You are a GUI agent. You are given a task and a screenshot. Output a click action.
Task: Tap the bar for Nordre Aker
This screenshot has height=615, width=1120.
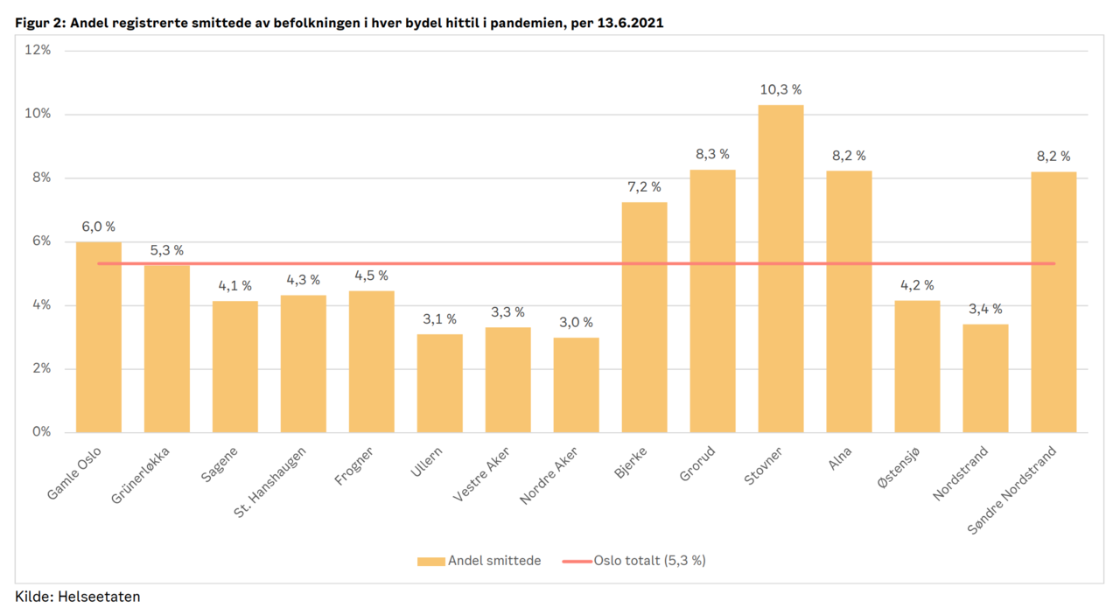576,385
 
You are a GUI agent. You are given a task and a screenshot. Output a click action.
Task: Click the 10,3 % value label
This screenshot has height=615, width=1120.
780,89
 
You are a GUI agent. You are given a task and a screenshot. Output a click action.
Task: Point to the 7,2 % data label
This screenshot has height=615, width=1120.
644,186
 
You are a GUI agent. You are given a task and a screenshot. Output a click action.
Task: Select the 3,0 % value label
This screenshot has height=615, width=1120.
576,322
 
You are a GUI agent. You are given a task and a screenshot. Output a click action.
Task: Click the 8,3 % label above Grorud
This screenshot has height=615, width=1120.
712,154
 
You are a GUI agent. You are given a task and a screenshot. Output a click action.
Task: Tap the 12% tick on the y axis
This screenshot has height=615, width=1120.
38,51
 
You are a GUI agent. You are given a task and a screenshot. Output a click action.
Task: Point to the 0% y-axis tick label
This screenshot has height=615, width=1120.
42,432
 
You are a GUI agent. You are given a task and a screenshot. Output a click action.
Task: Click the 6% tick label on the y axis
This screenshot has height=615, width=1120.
42,241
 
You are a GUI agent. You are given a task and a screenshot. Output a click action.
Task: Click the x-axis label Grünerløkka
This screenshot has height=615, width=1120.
147,478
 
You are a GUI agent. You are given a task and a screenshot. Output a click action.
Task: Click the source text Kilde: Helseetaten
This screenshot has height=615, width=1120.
78,597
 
